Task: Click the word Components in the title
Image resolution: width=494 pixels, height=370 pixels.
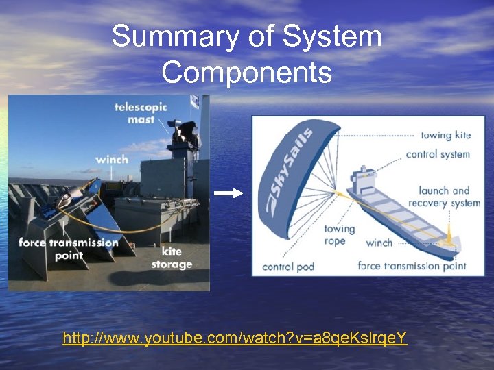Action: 247,71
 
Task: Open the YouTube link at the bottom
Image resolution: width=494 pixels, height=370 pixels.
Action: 235,338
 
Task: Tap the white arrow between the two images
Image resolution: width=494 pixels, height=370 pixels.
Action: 228,193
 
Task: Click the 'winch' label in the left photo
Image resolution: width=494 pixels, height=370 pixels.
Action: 112,159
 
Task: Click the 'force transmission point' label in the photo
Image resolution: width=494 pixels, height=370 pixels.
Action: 69,249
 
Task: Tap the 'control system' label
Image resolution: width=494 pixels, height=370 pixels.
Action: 438,154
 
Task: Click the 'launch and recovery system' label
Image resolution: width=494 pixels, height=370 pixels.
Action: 444,197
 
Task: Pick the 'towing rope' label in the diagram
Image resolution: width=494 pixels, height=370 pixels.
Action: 339,234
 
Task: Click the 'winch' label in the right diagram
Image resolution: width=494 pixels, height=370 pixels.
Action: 379,242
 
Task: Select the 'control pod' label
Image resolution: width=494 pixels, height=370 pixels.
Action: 288,266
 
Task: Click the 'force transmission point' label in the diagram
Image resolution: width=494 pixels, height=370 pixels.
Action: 412,266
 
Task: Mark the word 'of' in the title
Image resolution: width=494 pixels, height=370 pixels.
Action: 261,36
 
